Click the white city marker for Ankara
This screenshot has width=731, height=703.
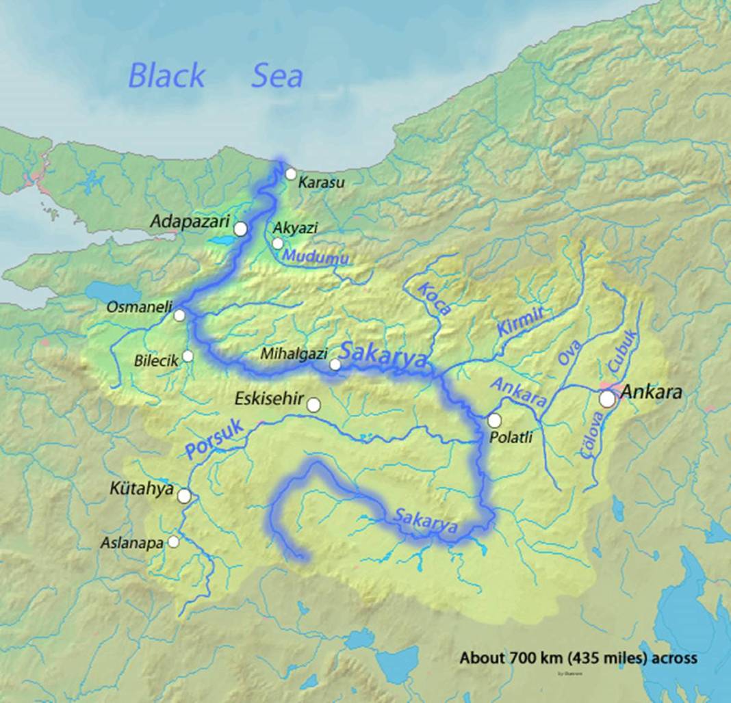pyautogui.click(x=607, y=399)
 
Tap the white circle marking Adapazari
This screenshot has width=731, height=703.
pyautogui.click(x=240, y=229)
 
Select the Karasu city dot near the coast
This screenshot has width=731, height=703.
pyautogui.click(x=291, y=174)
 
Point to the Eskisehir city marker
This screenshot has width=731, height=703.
pyautogui.click(x=313, y=405)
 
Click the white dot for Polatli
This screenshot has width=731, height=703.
pyautogui.click(x=494, y=421)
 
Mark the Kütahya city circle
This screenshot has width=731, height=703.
pyautogui.click(x=184, y=496)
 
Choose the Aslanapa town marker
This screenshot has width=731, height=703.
pyautogui.click(x=174, y=542)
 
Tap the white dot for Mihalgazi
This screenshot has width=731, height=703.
pyautogui.click(x=335, y=364)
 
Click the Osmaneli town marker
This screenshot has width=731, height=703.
pyautogui.click(x=179, y=315)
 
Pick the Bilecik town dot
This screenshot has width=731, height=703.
pyautogui.click(x=188, y=356)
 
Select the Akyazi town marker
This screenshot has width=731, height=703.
pyautogui.click(x=277, y=243)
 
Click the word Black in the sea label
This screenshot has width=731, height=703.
pyautogui.click(x=166, y=75)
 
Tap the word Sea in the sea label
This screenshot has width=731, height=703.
pyautogui.click(x=277, y=75)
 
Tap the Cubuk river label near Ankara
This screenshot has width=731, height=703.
pyautogui.click(x=623, y=351)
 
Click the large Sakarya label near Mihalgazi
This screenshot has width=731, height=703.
pyautogui.click(x=383, y=356)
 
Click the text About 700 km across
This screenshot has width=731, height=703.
pyautogui.click(x=578, y=658)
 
